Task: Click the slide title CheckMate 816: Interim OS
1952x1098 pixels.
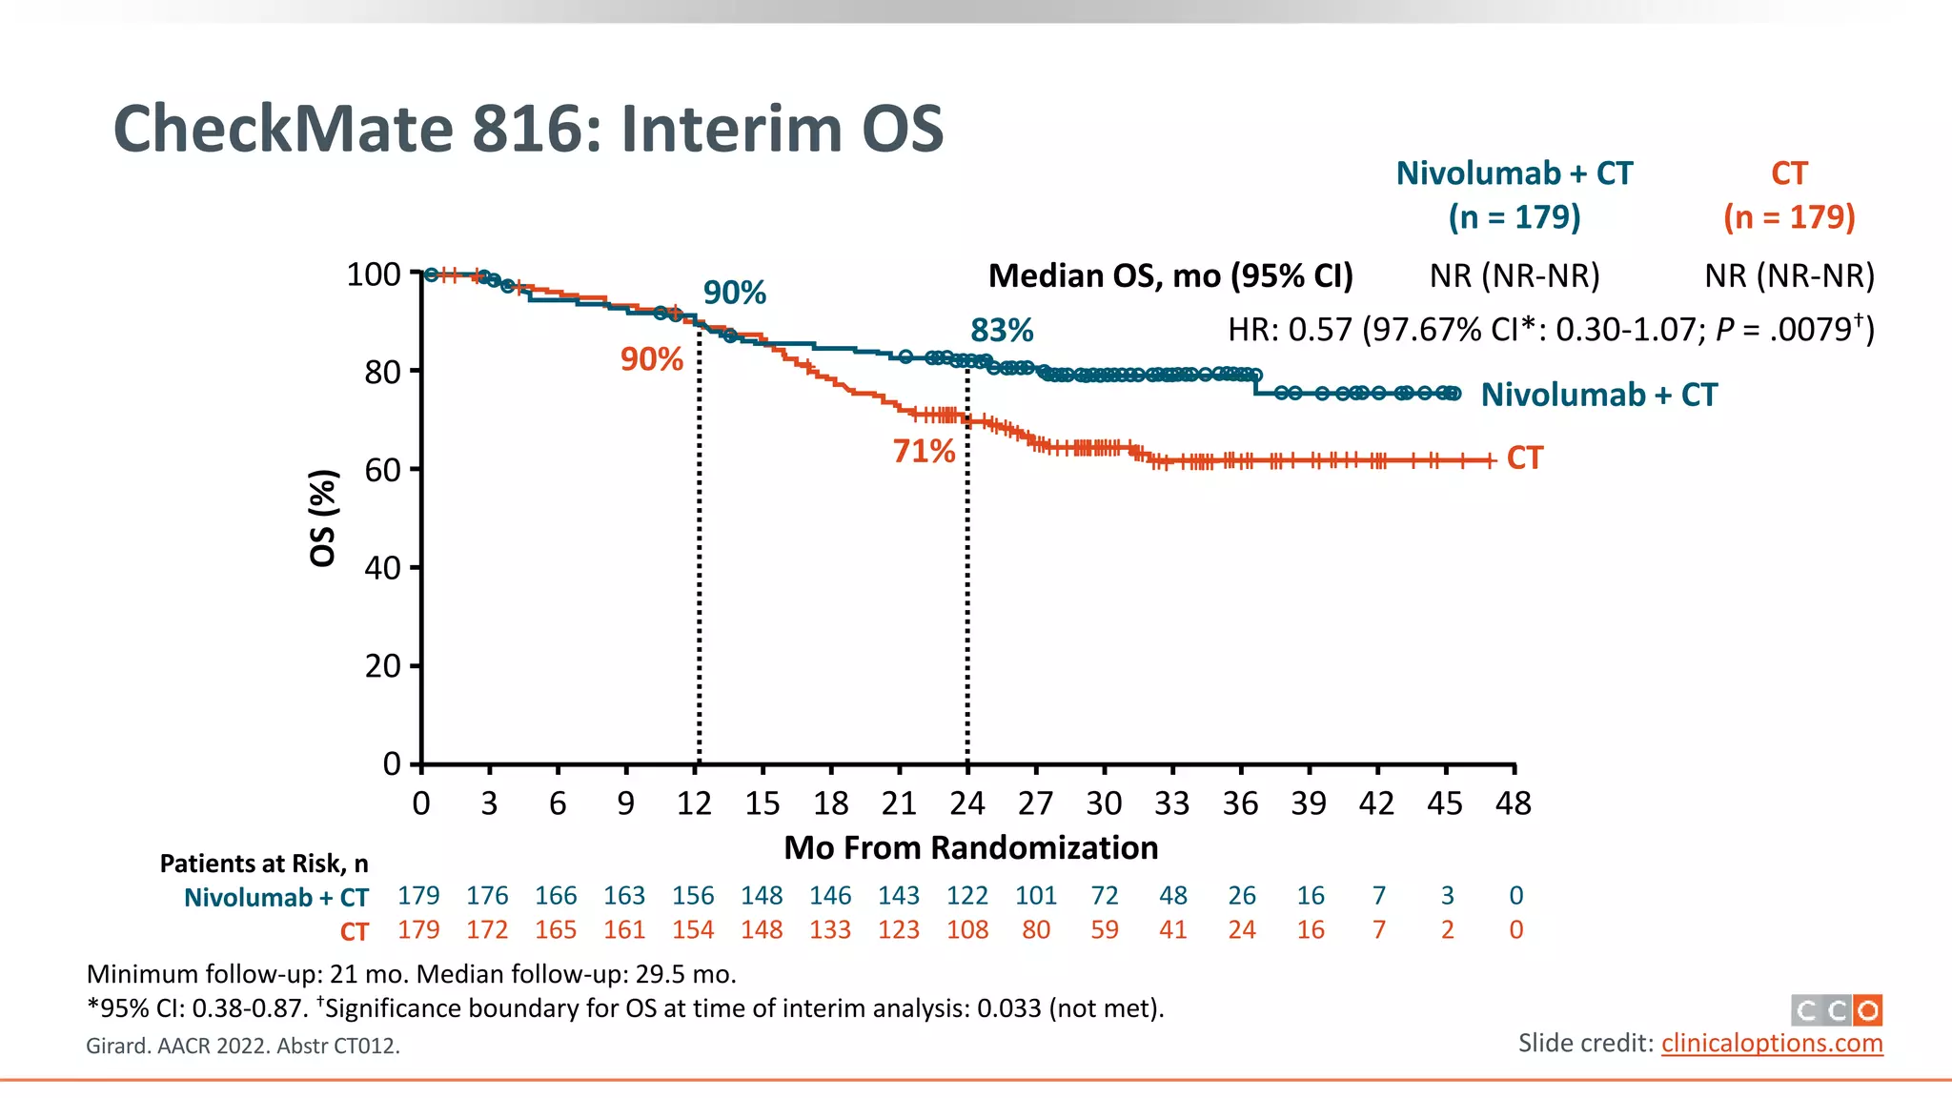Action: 528,129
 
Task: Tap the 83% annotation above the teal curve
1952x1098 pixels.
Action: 1002,331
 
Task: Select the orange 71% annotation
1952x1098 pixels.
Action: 924,451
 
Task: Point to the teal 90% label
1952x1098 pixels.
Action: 734,293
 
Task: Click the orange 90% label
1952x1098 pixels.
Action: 652,359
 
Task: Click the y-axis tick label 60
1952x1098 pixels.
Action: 382,470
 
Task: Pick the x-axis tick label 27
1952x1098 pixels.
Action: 1035,803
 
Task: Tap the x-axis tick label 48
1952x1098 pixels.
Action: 1513,803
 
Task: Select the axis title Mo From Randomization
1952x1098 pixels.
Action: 970,847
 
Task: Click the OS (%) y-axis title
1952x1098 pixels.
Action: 323,518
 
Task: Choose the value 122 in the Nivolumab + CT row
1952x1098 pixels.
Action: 966,896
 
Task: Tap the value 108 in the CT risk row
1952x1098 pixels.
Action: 966,929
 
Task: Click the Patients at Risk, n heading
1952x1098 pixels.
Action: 264,864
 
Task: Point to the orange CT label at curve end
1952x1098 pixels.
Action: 1524,458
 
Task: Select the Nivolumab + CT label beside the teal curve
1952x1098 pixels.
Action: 1598,395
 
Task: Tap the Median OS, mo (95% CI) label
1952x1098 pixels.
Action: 1170,275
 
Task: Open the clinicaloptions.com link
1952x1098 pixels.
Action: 1772,1043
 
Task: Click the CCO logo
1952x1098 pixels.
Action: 1836,1009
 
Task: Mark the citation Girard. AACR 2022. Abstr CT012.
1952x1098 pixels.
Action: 243,1046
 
